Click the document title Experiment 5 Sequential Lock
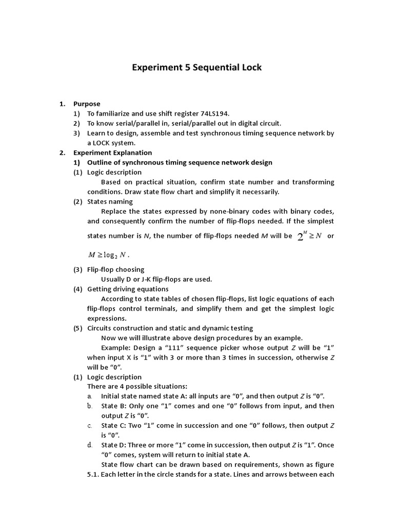196,68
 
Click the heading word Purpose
87,104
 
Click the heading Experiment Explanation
112,153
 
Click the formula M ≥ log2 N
109,254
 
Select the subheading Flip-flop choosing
115,270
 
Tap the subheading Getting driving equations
128,289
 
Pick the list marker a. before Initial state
90,396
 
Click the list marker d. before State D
90,445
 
